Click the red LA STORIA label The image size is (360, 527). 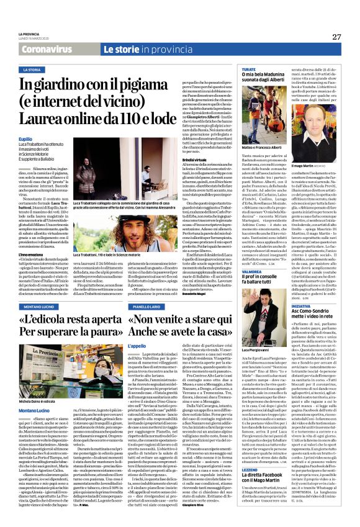click(30, 70)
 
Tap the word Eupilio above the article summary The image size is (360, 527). click(25, 140)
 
